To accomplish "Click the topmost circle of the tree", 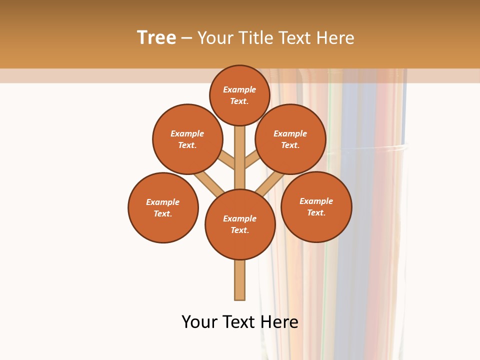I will click(240, 95).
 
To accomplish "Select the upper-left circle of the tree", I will click(187, 139).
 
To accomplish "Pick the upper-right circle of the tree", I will click(290, 139).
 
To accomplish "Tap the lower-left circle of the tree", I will click(163, 207).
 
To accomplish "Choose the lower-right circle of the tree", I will click(316, 206).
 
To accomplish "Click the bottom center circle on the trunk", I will click(240, 224).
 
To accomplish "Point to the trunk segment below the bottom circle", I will click(240, 280).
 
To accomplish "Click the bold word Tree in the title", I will click(156, 38).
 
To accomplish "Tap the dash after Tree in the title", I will click(186, 38).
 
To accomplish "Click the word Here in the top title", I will click(335, 38).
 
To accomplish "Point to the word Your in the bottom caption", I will click(199, 322).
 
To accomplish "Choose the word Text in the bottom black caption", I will click(239, 322).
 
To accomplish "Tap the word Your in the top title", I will click(214, 38).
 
